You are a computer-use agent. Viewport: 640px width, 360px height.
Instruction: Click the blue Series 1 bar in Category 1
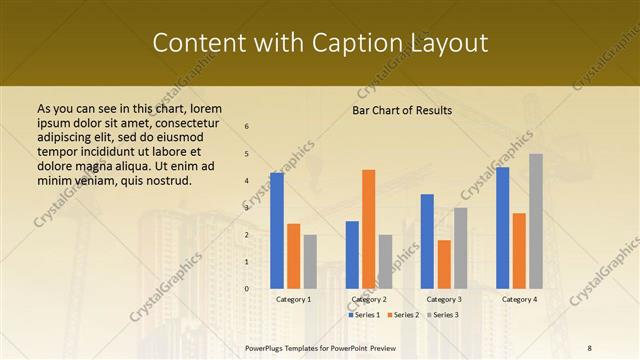tap(277, 230)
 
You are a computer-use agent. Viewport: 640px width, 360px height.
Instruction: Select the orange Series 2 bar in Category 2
tap(368, 229)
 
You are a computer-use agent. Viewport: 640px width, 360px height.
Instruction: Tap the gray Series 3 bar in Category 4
tap(536, 221)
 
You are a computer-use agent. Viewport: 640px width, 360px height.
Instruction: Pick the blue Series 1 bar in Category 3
tap(427, 241)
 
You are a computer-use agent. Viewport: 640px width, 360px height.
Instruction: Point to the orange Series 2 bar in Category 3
tap(444, 264)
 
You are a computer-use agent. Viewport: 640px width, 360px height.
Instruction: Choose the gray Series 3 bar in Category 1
tap(310, 261)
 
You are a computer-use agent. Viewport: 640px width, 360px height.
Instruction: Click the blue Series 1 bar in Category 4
tap(502, 227)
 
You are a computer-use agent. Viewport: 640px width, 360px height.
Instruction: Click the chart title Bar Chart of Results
tap(402, 110)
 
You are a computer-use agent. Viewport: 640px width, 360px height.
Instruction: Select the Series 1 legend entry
tap(364, 315)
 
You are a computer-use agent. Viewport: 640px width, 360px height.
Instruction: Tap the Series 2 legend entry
tap(402, 315)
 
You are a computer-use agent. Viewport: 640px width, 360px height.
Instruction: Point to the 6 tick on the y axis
tap(247, 126)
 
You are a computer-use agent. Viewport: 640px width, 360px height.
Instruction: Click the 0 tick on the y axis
tap(247, 289)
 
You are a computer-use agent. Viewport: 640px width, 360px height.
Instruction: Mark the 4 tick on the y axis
tap(247, 181)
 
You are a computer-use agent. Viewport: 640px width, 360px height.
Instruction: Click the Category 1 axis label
tap(293, 299)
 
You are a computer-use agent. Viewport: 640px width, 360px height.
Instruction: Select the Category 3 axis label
tap(444, 299)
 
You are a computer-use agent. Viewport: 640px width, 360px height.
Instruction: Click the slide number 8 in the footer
tap(590, 347)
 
